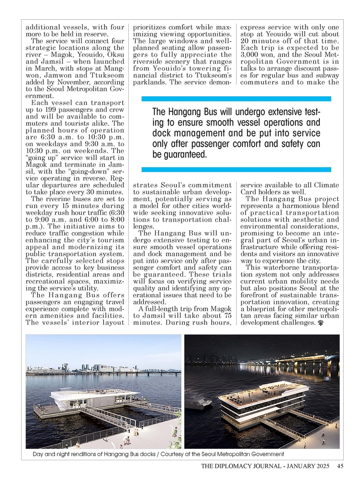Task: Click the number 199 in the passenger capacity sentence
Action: pyautogui.click(x=49, y=110)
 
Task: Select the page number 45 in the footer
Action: pyautogui.click(x=341, y=467)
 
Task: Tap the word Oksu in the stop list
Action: pyautogui.click(x=115, y=55)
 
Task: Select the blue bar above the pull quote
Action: pyautogui.click(x=236, y=98)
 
